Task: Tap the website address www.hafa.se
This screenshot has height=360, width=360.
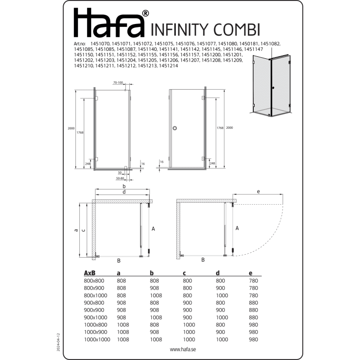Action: pos(183,349)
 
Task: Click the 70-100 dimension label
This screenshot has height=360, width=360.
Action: pos(118,83)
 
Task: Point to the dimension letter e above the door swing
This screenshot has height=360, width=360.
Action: pos(258,192)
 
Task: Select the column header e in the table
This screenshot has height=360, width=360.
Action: pos(250,273)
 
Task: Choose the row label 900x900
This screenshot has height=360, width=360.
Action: pos(94,310)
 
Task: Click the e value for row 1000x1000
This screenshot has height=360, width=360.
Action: pos(253,339)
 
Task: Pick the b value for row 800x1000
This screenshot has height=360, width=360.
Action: pos(156,295)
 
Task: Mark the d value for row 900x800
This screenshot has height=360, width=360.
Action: pos(220,303)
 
